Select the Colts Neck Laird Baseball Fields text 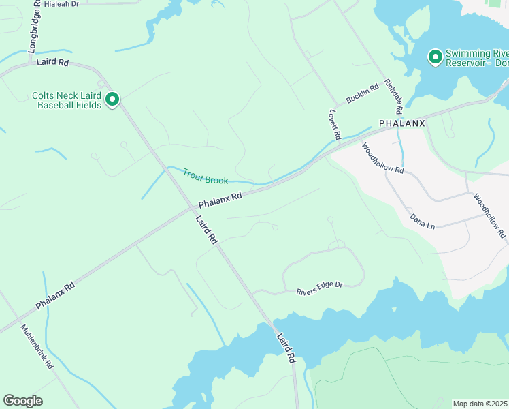tap(67, 101)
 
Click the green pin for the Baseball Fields tap(112, 100)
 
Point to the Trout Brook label tap(205, 175)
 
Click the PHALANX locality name tap(401, 123)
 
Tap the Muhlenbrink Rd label tap(37, 346)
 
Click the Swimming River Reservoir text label tap(477, 58)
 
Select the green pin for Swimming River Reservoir tap(435, 57)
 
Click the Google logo tap(22, 401)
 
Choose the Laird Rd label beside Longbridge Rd tap(54, 62)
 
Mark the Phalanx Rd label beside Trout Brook tap(220, 200)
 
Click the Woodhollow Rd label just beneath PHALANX tap(382, 158)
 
